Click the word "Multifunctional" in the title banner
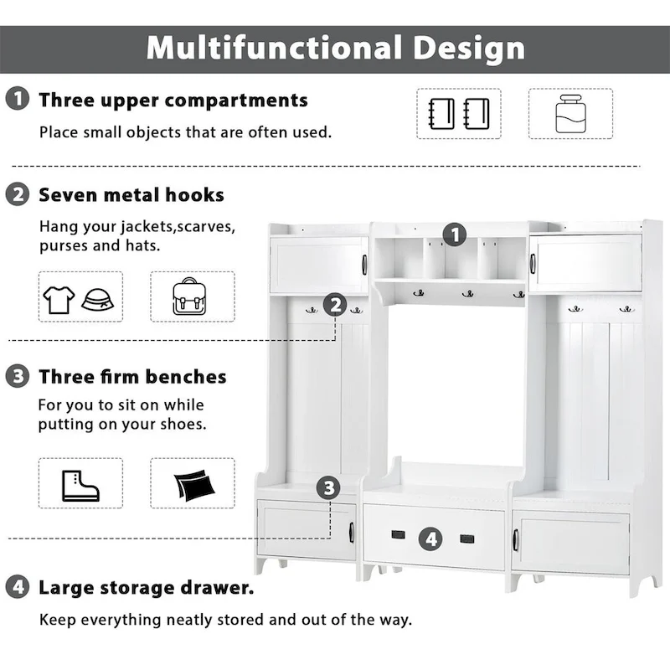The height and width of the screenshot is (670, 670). [274, 48]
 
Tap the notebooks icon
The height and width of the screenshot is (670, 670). [459, 114]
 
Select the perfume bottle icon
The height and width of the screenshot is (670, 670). [570, 114]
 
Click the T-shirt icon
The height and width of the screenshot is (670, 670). [59, 299]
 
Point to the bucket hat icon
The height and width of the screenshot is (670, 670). [98, 299]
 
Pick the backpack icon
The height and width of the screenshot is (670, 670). [189, 296]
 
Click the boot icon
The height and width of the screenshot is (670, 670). [80, 486]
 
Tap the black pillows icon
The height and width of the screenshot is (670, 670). [194, 484]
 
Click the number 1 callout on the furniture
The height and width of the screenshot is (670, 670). [454, 234]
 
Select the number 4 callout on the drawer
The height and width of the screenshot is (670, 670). [430, 539]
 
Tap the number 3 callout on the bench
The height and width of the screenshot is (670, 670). [328, 487]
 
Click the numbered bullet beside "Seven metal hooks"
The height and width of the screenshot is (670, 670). [18, 194]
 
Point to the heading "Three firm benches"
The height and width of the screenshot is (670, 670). [132, 377]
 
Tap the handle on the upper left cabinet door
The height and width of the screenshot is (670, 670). [364, 265]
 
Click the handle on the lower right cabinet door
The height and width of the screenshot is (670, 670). [516, 540]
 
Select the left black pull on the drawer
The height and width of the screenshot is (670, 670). [399, 534]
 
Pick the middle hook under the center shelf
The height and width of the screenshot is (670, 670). [468, 294]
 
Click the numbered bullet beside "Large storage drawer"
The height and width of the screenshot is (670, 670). [18, 587]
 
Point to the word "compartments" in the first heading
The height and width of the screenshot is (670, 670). [236, 100]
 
